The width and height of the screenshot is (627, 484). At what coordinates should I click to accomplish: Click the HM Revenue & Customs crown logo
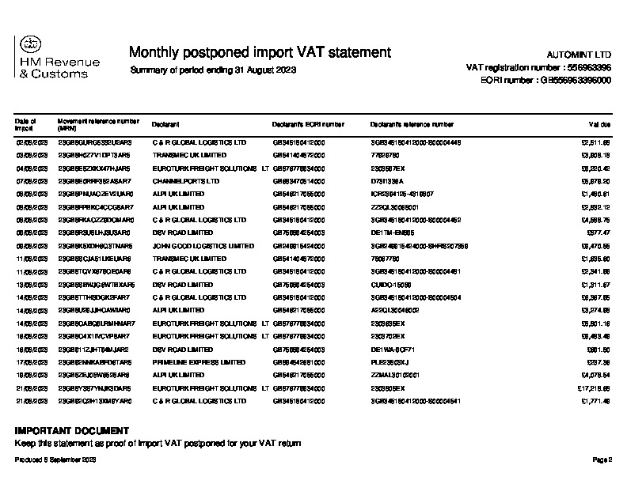point(28,44)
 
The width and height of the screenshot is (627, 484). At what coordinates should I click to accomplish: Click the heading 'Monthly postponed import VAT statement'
point(260,52)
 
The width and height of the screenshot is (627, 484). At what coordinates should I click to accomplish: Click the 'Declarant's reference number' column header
point(412,124)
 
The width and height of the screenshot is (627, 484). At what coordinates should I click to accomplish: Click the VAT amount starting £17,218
point(591,388)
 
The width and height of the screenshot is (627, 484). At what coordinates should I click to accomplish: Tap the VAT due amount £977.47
point(596,233)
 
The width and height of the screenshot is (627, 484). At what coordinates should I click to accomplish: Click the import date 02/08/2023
point(32,142)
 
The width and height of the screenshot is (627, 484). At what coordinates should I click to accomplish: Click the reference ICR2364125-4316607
point(401,195)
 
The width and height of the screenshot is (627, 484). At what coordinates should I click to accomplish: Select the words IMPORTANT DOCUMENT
point(72,431)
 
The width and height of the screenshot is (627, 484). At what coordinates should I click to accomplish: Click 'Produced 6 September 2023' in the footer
point(55,459)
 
